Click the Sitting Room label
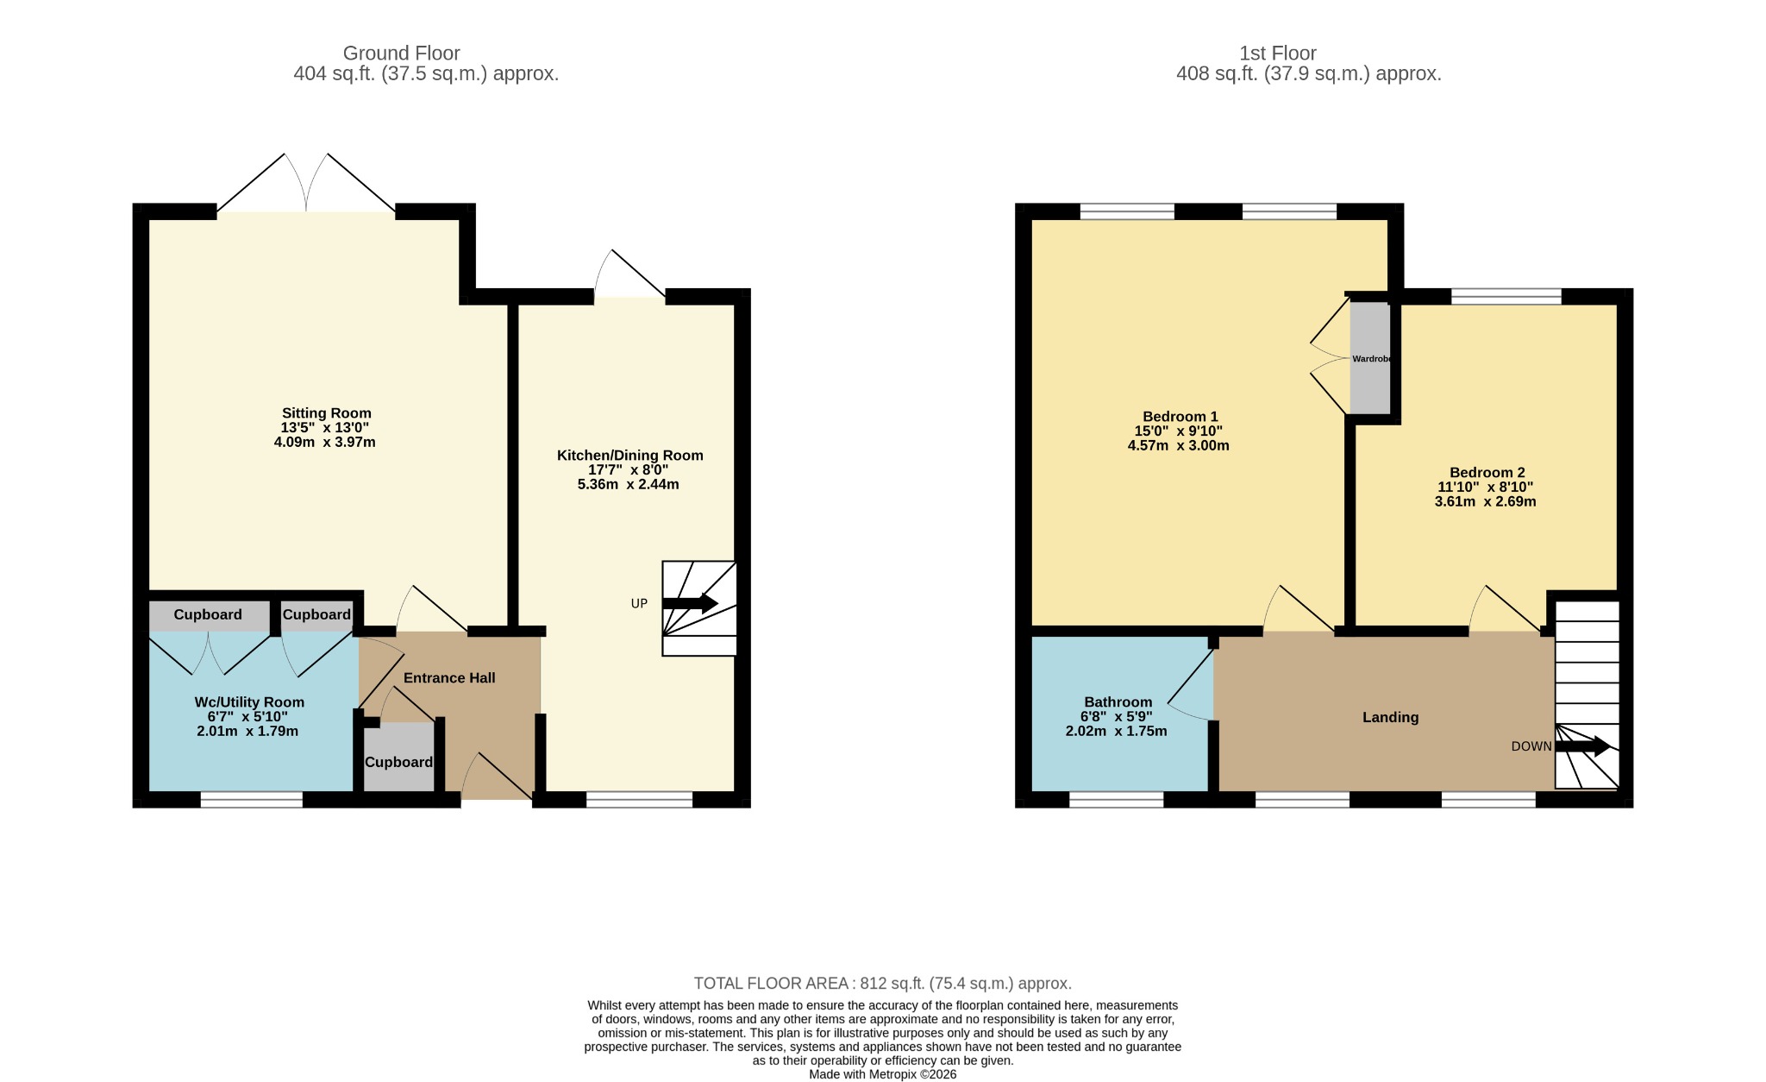point(326,413)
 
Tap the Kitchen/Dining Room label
point(629,456)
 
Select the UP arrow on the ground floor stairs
point(690,603)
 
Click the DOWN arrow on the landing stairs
point(1581,746)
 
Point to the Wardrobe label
point(1371,359)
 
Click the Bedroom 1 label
point(1180,417)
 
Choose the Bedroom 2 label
point(1487,472)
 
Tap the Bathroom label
point(1118,702)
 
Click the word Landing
point(1390,717)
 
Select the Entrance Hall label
point(449,678)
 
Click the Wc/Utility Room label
point(249,702)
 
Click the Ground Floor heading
point(401,53)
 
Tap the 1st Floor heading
point(1277,53)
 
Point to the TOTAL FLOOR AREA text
point(883,984)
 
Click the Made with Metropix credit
point(882,1075)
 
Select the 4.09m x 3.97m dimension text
point(324,443)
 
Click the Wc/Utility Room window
point(252,800)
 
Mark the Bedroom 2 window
point(1506,297)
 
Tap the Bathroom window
point(1117,800)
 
